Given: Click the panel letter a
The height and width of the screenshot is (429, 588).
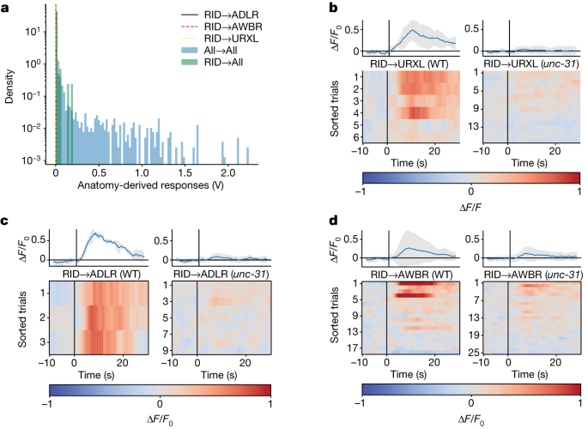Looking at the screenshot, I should (x=7, y=8).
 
